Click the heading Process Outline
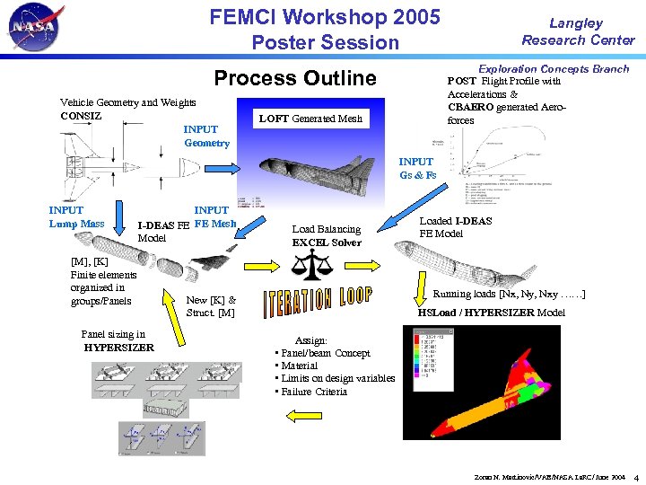[295, 78]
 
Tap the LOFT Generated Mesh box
[310, 119]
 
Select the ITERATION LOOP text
[318, 303]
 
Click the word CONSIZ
[81, 116]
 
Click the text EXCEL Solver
[327, 242]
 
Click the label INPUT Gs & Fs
[417, 169]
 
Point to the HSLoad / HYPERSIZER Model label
[491, 313]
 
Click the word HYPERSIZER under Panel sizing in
[118, 348]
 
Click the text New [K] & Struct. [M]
[211, 306]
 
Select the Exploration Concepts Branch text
[554, 69]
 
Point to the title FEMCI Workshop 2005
[325, 17]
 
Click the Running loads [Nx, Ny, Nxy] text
[509, 294]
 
